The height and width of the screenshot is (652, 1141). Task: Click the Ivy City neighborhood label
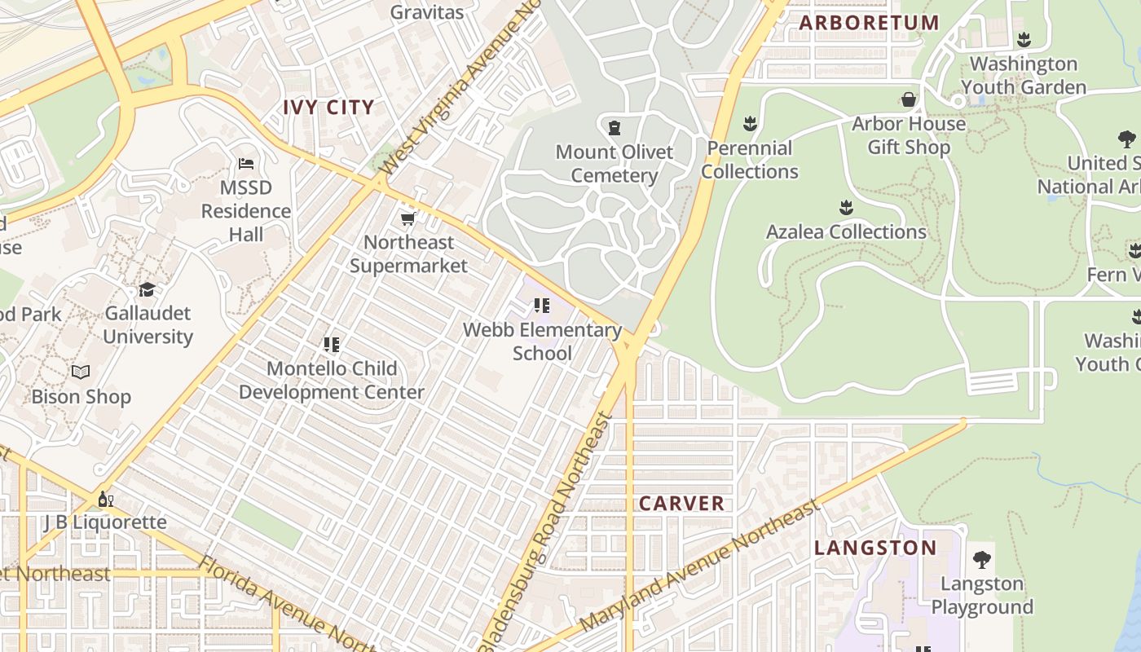328,107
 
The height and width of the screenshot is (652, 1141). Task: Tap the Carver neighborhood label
681,503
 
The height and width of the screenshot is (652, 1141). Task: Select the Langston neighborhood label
875,547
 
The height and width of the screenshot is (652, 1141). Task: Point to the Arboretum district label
869,22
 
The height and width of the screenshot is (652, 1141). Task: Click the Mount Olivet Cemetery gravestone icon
615,127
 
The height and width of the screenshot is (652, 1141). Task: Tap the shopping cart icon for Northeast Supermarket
407,218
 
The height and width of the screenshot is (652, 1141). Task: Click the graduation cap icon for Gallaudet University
147,289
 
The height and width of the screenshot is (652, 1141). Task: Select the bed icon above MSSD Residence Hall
246,164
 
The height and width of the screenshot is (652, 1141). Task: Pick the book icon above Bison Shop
81,372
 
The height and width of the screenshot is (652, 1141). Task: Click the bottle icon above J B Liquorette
105,499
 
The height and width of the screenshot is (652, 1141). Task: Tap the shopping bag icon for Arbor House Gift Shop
908,99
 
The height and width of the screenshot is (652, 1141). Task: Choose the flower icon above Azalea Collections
846,208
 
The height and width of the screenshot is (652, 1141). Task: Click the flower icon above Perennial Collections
750,124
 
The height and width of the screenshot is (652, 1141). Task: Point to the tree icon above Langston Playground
982,559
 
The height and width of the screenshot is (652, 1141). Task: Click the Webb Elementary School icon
542,306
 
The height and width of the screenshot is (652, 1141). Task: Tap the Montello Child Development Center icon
331,344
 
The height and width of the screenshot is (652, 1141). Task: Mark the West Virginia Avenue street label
461,90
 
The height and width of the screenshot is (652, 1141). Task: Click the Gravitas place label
426,12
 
